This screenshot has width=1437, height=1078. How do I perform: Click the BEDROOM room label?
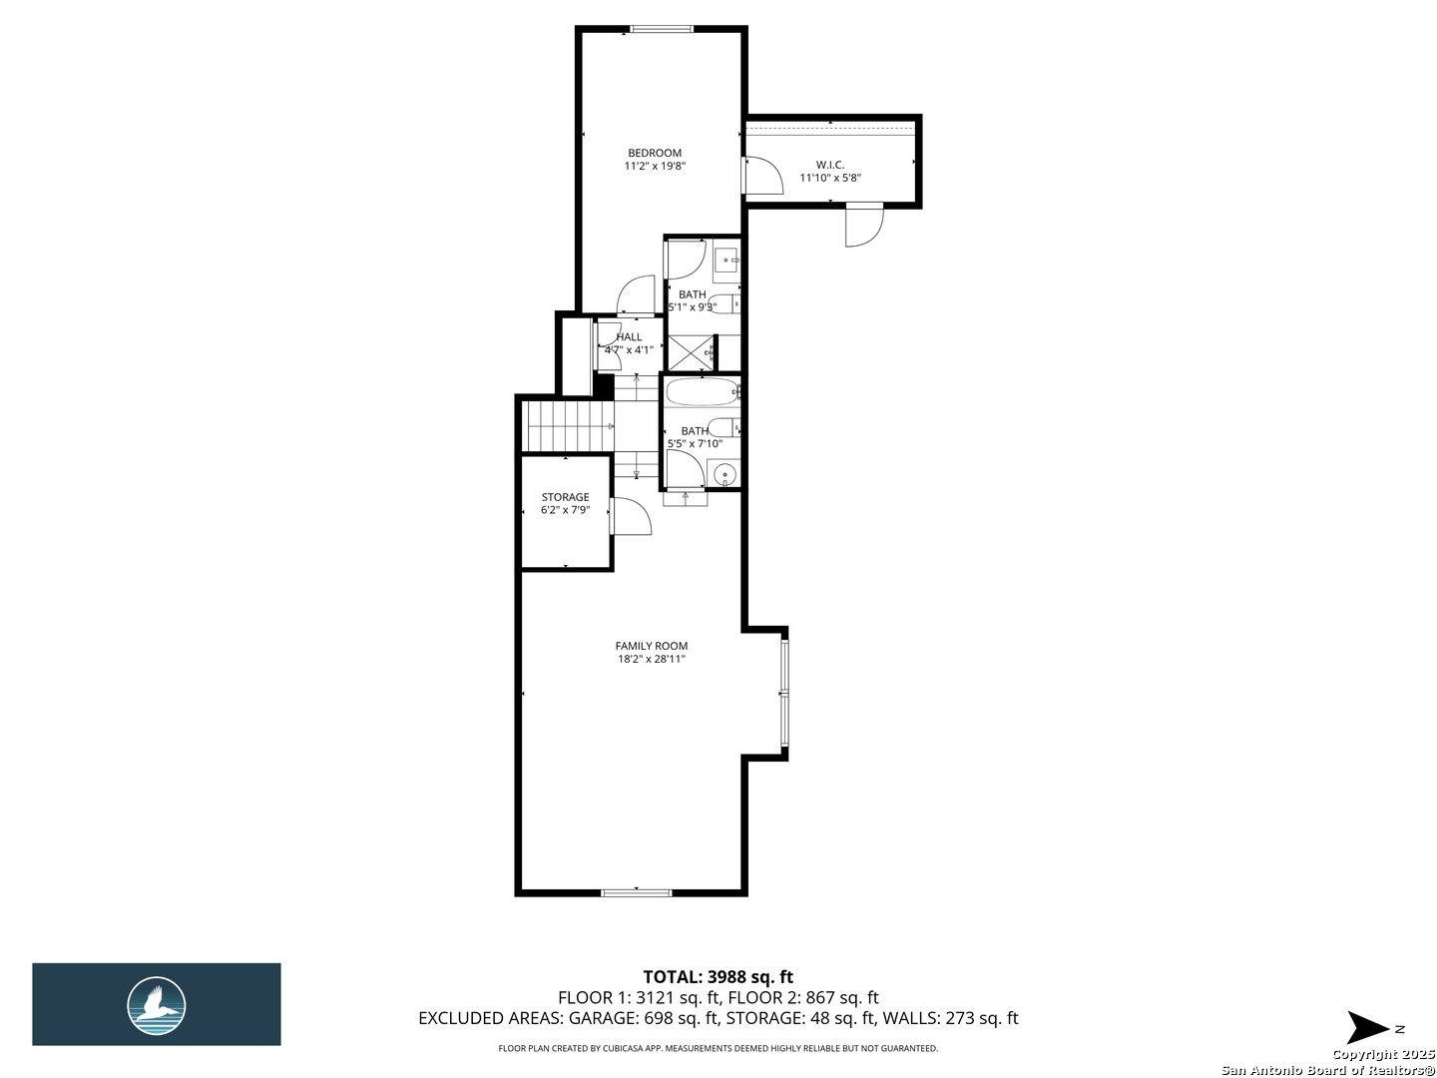[655, 153]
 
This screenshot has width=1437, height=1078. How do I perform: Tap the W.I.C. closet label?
[829, 165]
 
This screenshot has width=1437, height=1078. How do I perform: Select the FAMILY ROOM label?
[651, 646]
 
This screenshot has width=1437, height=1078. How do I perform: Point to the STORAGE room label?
[565, 497]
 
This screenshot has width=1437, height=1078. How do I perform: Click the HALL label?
[629, 337]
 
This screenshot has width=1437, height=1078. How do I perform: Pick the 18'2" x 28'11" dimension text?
[651, 659]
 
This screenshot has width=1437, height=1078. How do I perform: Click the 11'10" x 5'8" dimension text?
[829, 179]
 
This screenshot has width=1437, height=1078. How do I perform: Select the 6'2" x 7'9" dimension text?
[565, 510]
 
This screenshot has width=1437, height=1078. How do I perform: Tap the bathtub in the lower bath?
[702, 391]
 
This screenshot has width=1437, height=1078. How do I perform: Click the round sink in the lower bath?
[723, 473]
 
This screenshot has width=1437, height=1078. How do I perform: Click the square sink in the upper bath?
[726, 261]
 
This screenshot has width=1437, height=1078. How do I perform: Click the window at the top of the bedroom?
[662, 29]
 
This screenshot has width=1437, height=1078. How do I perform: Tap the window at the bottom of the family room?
[636, 891]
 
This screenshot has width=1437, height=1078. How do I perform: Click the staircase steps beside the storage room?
[564, 425]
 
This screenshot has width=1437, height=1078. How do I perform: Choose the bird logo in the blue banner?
[157, 1004]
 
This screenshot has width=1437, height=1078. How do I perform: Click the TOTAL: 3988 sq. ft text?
[718, 977]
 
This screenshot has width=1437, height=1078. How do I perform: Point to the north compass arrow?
[1368, 1028]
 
